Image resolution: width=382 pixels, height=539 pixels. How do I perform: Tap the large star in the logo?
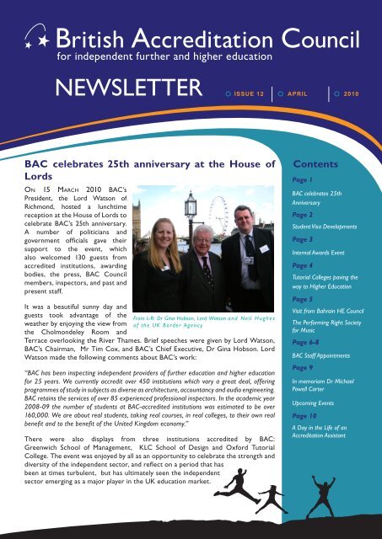point(36,35)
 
